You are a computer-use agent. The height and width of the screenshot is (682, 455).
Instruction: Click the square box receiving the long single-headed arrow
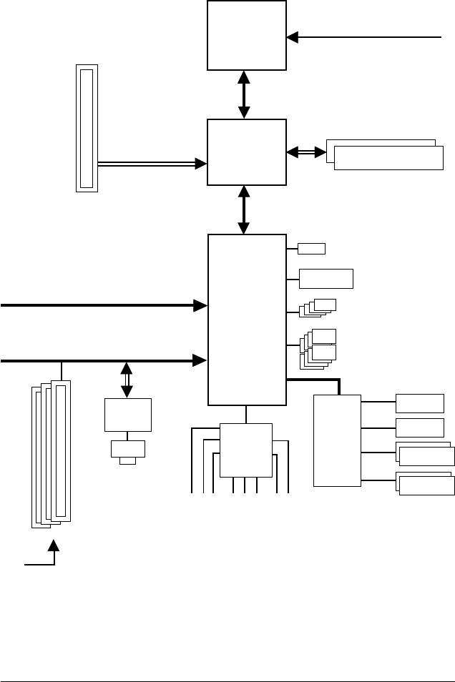247,35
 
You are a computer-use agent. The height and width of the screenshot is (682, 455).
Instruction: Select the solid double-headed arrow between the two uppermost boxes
244,94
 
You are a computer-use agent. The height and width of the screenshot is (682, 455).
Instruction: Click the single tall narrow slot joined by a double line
87,128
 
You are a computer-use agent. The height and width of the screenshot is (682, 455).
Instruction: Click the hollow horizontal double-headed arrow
306,152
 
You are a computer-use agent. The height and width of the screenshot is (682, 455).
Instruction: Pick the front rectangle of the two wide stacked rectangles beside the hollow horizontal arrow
388,158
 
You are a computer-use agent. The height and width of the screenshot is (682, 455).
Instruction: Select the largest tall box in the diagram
247,319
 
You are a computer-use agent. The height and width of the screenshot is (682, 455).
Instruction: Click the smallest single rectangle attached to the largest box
311,249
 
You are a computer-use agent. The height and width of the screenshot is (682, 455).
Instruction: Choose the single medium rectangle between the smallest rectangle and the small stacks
326,278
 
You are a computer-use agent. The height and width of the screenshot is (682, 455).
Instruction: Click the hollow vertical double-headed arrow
127,380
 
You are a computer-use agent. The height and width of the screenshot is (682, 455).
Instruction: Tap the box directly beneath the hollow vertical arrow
127,415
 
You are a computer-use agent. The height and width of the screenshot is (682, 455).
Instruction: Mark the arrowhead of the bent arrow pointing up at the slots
54,545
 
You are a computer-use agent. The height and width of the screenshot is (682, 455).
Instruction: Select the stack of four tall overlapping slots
52,453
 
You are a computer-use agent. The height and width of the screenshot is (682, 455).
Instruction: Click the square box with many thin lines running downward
246,450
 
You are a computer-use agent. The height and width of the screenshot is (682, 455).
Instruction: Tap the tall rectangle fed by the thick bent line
337,440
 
